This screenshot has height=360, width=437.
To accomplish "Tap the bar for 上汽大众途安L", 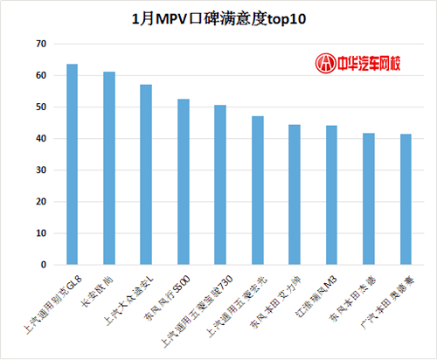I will click(146, 175).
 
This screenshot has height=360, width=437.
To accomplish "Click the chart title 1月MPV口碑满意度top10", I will click(218, 17).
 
